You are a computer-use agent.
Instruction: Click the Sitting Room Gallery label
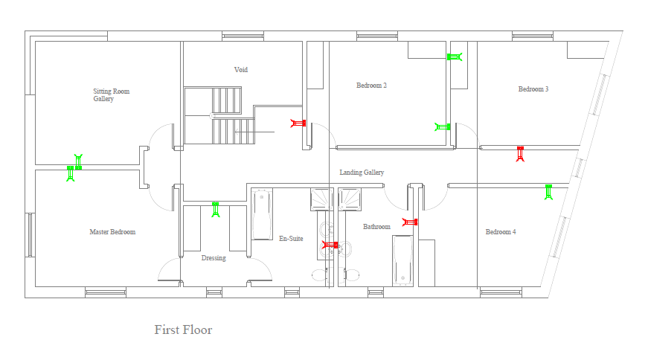click(x=111, y=95)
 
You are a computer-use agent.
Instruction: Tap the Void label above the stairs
click(x=241, y=70)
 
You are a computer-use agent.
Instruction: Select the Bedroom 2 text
click(x=371, y=86)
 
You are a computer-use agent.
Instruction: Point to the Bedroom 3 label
click(x=533, y=89)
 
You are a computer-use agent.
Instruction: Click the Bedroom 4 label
click(x=501, y=232)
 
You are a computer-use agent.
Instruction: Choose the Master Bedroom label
click(x=112, y=232)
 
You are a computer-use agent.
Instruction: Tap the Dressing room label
click(x=214, y=258)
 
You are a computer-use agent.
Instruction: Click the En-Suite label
click(x=291, y=239)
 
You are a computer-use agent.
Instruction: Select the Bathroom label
click(x=376, y=227)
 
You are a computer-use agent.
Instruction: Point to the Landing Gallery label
click(x=362, y=173)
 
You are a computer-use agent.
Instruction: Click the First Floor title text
click(x=183, y=330)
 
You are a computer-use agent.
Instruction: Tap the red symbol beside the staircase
click(x=298, y=123)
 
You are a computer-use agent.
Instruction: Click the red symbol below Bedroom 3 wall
click(x=520, y=154)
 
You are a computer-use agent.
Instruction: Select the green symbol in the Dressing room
click(x=215, y=210)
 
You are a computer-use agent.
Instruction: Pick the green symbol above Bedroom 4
click(x=548, y=192)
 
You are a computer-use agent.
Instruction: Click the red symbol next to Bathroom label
click(x=410, y=222)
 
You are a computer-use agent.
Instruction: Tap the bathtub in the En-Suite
click(x=262, y=214)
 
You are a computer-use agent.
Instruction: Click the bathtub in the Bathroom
click(x=402, y=260)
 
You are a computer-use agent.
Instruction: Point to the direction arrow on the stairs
click(x=254, y=132)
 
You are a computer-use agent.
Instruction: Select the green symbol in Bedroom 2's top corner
click(x=454, y=57)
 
